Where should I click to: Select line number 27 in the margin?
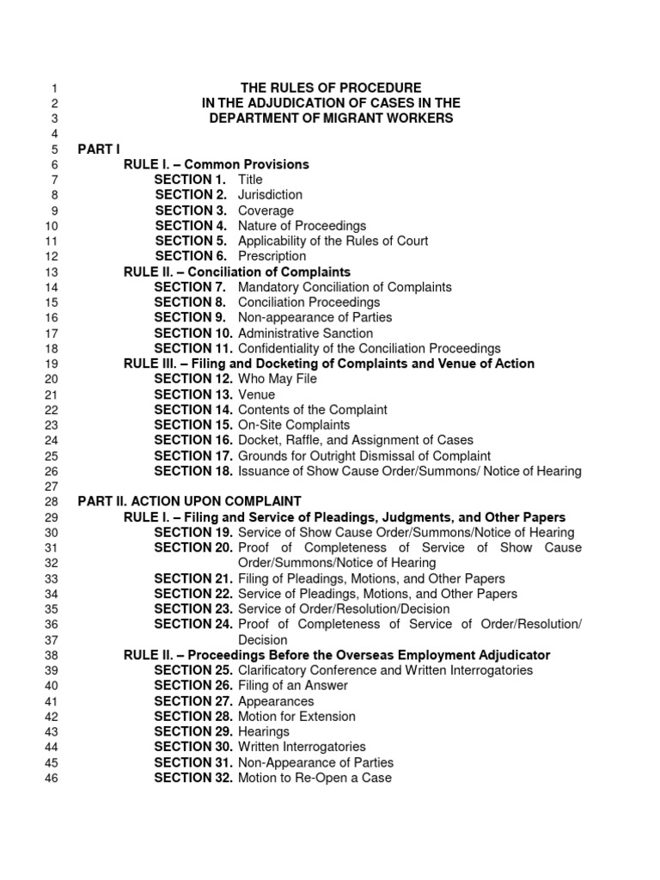click(x=50, y=486)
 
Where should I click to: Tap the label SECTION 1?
click(x=190, y=180)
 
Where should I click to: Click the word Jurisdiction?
click(x=270, y=195)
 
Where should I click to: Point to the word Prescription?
click(x=272, y=256)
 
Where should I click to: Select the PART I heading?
click(x=100, y=149)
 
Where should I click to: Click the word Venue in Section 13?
click(x=256, y=394)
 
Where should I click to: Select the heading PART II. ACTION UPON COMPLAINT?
click(x=189, y=501)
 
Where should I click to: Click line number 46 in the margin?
click(x=50, y=779)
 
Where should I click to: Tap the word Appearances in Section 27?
click(x=276, y=701)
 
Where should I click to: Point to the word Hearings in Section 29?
click(x=264, y=731)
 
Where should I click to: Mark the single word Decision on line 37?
click(x=263, y=640)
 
